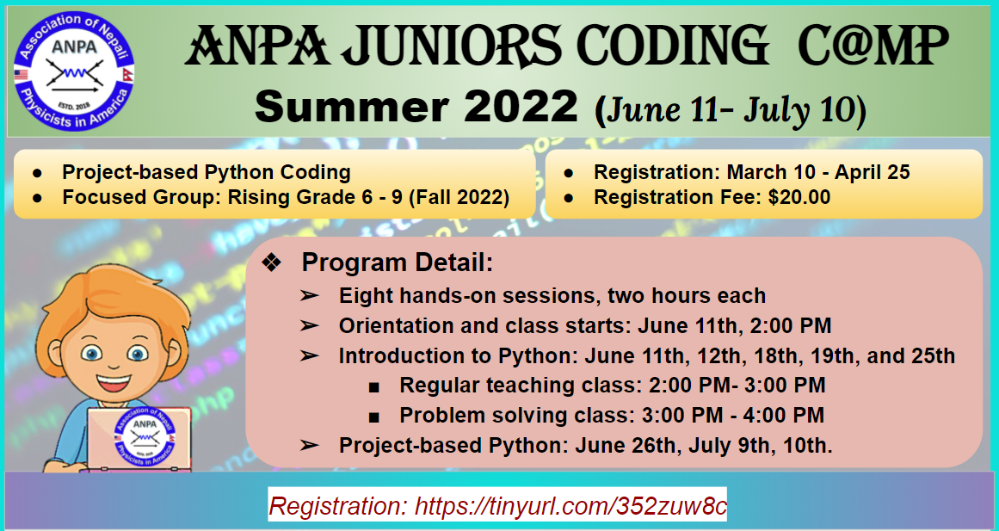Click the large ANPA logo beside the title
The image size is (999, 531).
(x=74, y=71)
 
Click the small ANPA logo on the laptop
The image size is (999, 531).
(x=145, y=436)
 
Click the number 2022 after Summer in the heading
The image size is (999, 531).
(x=521, y=107)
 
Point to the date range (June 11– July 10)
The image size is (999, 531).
(x=731, y=109)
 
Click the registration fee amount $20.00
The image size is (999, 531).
(x=799, y=197)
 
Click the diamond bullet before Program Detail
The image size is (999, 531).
(x=271, y=262)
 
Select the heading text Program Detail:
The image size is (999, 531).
(x=398, y=262)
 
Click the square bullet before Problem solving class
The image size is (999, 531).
(x=374, y=417)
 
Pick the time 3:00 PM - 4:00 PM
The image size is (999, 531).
(x=732, y=415)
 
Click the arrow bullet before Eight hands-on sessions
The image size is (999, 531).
(x=310, y=296)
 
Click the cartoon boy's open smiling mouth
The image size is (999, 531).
(x=114, y=382)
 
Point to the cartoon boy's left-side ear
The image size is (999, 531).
(x=55, y=353)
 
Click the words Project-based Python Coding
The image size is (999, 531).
(x=207, y=172)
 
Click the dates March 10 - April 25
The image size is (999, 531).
(x=818, y=172)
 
